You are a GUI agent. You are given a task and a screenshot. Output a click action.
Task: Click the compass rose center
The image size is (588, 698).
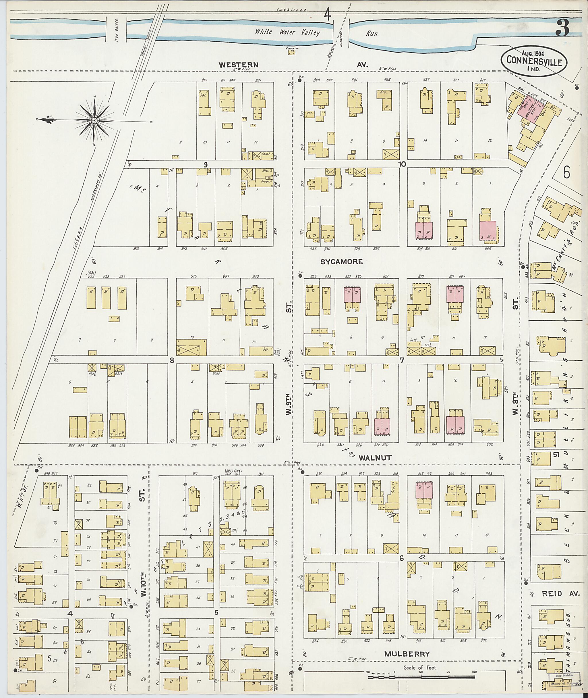(94, 120)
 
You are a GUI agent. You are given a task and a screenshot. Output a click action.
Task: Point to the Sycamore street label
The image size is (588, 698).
(341, 262)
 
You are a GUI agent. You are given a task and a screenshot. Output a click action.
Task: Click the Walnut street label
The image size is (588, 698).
(375, 458)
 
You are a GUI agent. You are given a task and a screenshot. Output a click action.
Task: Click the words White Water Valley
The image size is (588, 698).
(287, 32)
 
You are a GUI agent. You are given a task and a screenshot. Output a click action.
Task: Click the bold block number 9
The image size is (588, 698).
(206, 164)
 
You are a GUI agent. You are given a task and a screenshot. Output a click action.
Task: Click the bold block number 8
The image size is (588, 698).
(172, 360)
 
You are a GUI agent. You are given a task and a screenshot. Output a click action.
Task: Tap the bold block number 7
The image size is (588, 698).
(402, 360)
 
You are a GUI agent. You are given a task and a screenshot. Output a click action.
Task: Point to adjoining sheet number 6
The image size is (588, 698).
(566, 174)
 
